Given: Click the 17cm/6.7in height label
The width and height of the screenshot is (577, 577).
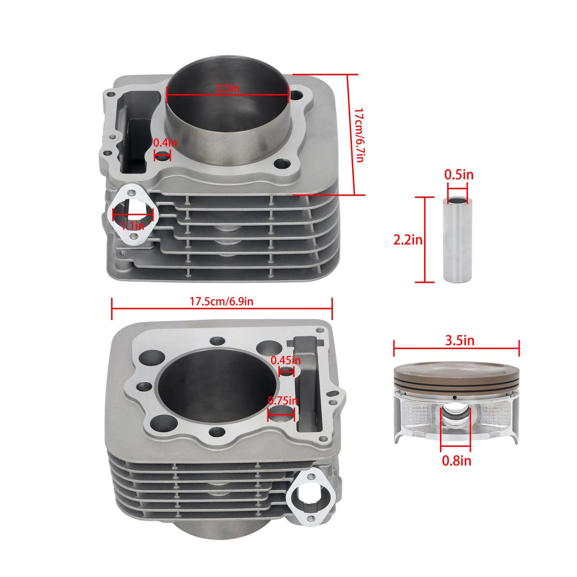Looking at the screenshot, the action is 359,135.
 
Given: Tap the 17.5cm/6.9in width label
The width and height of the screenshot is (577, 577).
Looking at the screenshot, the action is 221,302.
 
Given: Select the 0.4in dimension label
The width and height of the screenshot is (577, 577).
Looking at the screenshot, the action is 165,143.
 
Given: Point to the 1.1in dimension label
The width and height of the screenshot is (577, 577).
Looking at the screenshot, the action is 133,225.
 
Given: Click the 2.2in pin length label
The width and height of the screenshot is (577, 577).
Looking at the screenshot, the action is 408,240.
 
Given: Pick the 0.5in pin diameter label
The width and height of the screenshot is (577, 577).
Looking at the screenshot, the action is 459,175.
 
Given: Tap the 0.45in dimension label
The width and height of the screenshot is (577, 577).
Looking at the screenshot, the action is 286,360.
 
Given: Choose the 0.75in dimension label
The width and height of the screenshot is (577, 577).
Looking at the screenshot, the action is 283,400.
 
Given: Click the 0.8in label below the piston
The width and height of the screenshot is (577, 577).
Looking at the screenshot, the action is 456,461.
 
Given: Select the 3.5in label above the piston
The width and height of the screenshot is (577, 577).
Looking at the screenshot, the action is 460,340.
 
